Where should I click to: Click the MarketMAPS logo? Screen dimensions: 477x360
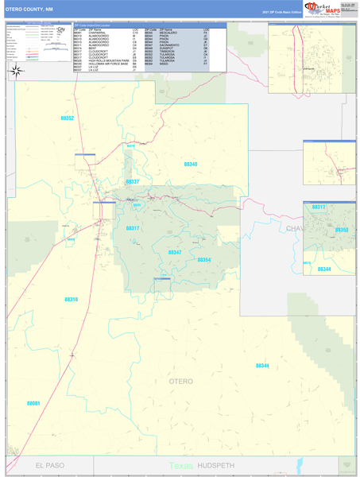pos(322,9)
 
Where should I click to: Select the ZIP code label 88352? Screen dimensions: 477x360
pos(68,118)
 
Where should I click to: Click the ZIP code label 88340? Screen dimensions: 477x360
pos(191,164)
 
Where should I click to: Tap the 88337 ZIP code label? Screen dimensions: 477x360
pos(133,182)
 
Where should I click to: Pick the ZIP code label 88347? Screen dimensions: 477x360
pos(175,252)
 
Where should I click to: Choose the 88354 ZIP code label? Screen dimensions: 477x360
pos(204,260)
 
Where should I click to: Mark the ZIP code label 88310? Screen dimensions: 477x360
pos(71,299)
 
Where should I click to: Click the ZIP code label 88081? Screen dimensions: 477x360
pos(33,403)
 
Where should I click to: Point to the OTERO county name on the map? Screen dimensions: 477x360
pos(181,382)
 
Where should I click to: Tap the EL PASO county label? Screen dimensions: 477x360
pos(49,464)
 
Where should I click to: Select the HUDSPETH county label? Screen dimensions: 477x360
pos(214,464)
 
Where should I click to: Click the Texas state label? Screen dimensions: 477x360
pos(180,465)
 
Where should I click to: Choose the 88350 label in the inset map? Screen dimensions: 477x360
pos(343,230)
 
